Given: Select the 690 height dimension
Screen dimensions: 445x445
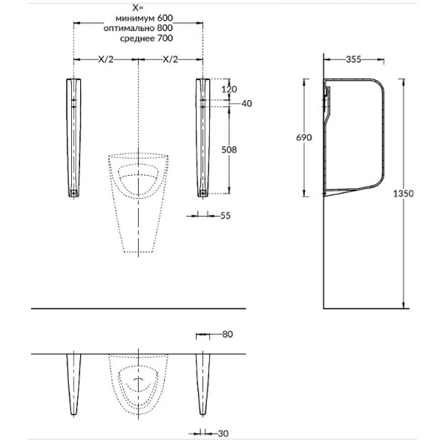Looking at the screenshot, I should [x=304, y=137].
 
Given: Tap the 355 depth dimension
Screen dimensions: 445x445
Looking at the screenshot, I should [x=353, y=60].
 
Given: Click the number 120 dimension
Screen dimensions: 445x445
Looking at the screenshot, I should [x=229, y=88].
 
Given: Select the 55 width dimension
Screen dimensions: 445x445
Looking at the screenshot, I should [x=226, y=215].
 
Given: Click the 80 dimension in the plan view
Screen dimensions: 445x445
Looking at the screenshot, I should [x=227, y=334].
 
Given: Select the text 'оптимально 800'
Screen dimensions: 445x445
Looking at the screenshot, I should [x=136, y=27].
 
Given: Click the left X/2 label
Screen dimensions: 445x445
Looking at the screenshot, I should [x=105, y=59].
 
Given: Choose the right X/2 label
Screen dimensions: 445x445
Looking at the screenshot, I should [x=170, y=59].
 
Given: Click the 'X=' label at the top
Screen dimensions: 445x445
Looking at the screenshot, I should [x=137, y=7].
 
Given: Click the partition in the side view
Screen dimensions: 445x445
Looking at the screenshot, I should [x=356, y=137].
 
